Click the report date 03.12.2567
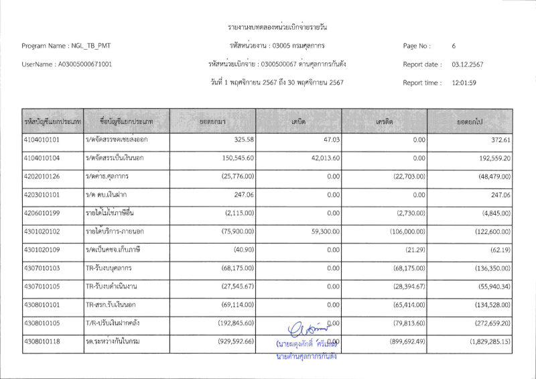[x=468, y=64]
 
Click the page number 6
[x=454, y=46]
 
